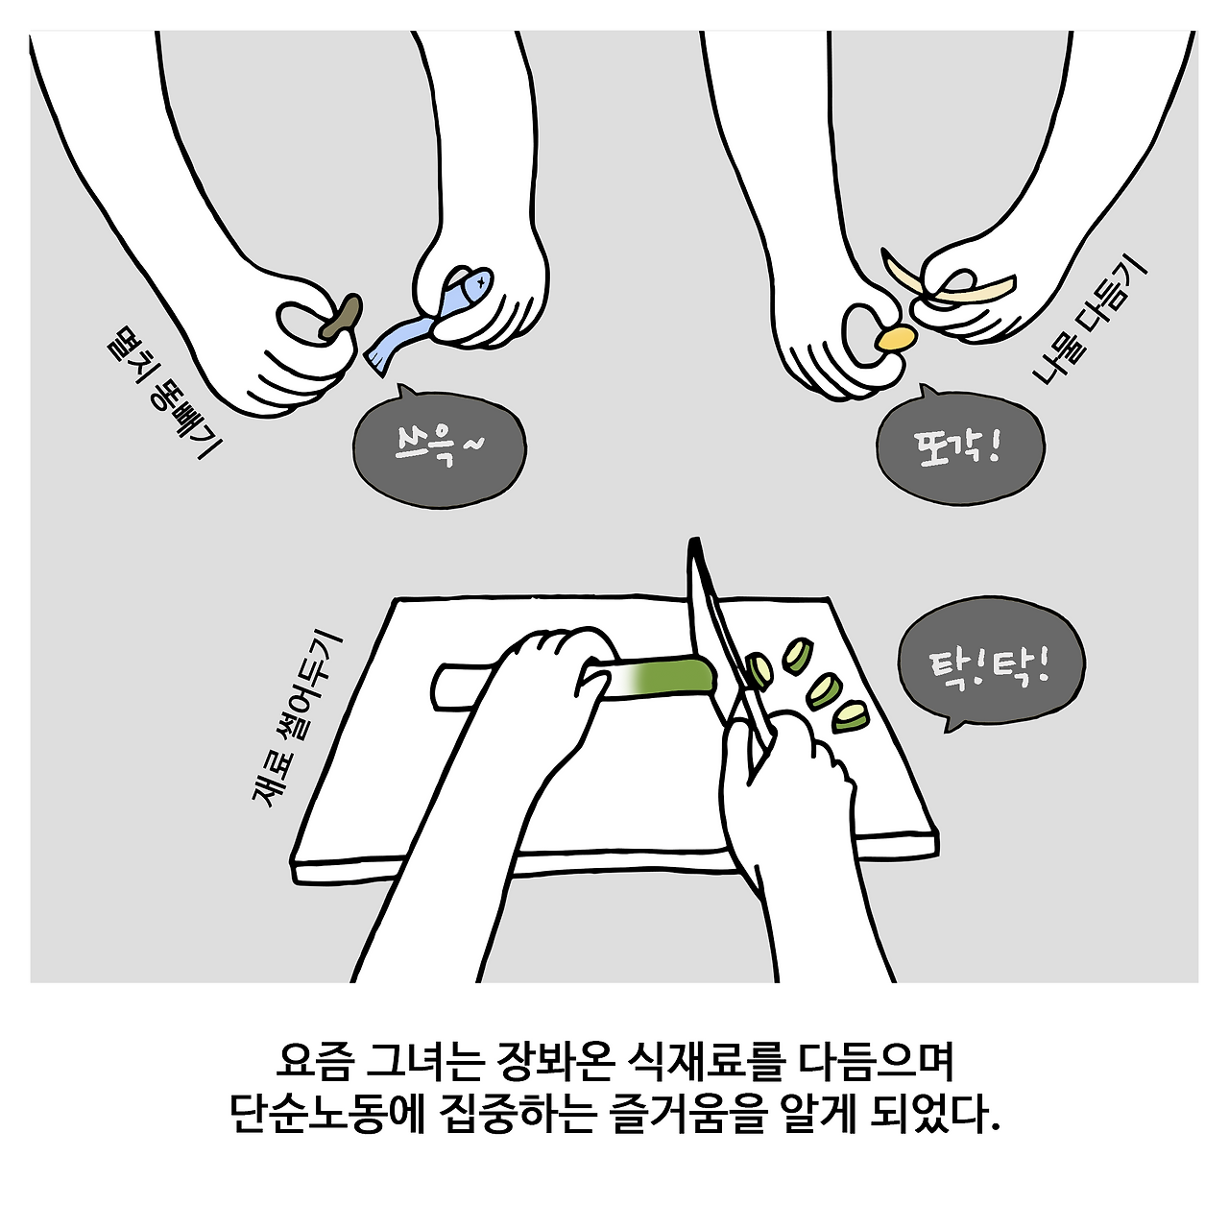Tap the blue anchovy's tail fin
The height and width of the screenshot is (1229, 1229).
pos(377,360)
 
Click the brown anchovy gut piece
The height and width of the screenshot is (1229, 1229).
pos(341,316)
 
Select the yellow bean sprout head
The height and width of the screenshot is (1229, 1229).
pos(896,337)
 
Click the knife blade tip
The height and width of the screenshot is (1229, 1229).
pos(694,541)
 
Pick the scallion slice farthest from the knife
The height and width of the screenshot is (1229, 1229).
pos(850,717)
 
